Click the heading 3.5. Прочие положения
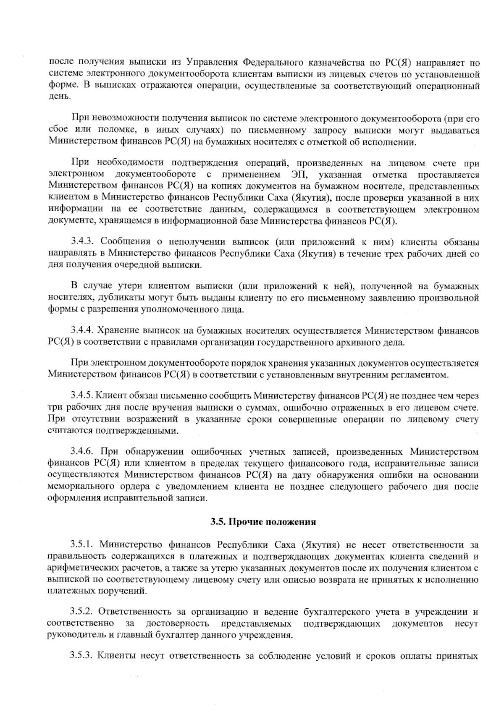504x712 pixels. point(263,523)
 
